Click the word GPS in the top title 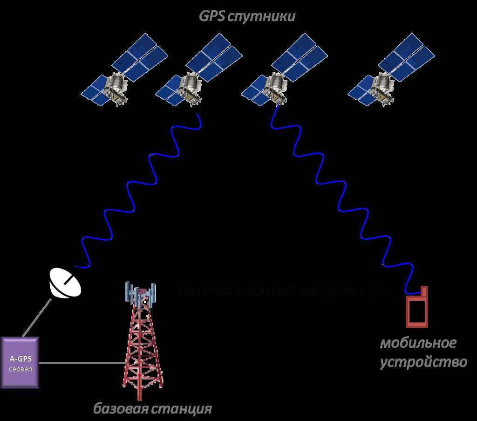click(212, 17)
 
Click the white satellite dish click(65, 283)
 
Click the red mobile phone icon click(417, 310)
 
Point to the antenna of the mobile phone click(424, 291)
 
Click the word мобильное click(418, 344)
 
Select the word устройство click(423, 362)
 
